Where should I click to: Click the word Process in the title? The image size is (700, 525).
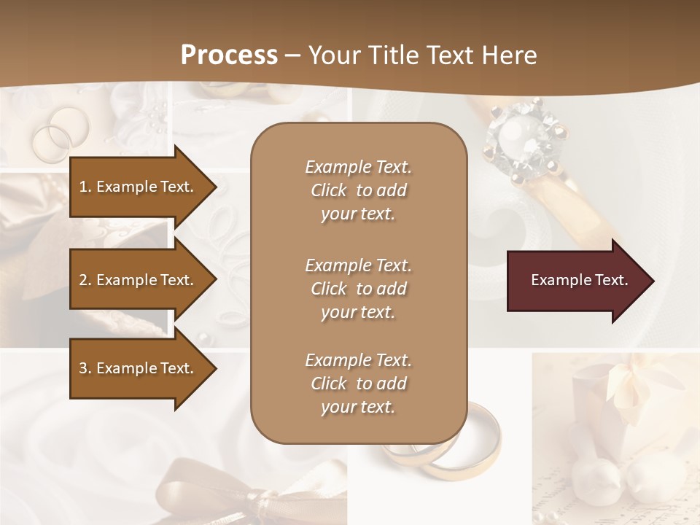(229, 55)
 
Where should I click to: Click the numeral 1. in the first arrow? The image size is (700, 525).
(85, 187)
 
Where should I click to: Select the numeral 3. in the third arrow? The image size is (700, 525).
(85, 368)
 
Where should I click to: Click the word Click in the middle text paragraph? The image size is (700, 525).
(329, 289)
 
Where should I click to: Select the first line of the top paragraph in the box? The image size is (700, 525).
(358, 167)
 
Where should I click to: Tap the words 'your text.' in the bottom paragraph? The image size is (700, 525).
(358, 407)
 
